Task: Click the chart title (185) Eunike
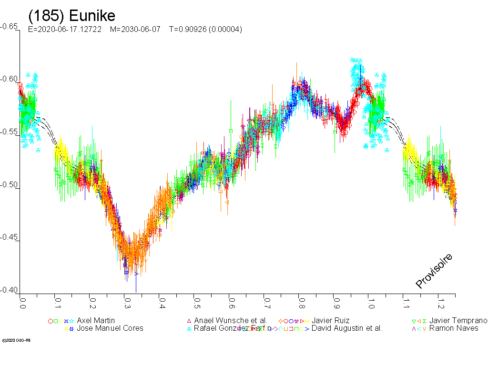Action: point(72,16)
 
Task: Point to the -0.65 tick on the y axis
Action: point(9,27)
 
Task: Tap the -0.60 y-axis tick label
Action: point(9,80)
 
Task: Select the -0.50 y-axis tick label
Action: point(9,185)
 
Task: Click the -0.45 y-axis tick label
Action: point(9,237)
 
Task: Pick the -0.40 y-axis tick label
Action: point(9,290)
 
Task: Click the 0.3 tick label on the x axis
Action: point(127,304)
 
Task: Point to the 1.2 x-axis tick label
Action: point(440,304)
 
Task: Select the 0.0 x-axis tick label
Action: point(22,304)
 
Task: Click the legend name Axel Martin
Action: point(96,321)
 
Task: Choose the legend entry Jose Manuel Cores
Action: point(110,328)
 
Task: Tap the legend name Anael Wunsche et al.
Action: point(231,321)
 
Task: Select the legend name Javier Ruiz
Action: point(330,321)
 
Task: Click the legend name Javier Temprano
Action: point(458,321)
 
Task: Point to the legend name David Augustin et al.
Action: point(347,328)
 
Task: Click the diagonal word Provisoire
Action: point(434,271)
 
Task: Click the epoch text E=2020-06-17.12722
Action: point(65,30)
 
